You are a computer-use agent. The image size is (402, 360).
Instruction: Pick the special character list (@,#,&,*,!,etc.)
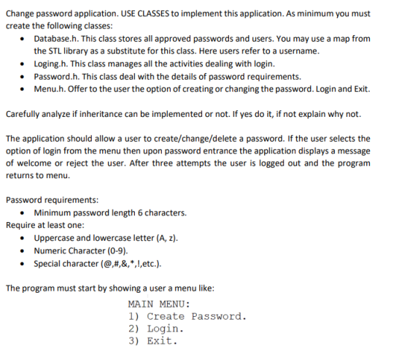coord(127,264)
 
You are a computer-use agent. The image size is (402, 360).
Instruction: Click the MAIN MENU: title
coord(158,304)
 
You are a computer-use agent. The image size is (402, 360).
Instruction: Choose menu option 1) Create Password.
coord(187,316)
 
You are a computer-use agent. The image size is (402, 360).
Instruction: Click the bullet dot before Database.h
coord(26,39)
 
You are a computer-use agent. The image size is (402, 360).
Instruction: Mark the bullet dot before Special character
coord(26,264)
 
